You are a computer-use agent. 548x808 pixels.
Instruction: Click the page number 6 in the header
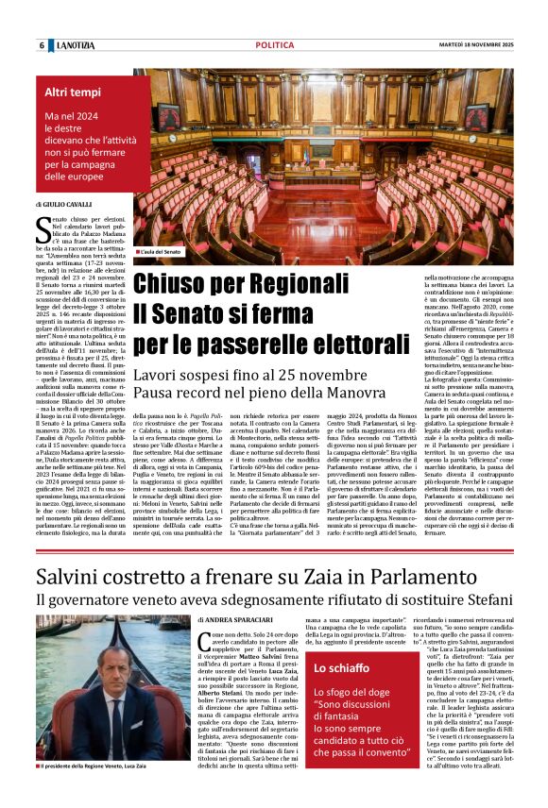pyautogui.click(x=42, y=45)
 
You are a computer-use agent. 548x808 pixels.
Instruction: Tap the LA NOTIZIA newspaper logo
pyautogui.click(x=78, y=45)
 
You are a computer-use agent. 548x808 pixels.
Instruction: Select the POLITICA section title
pyautogui.click(x=275, y=45)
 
